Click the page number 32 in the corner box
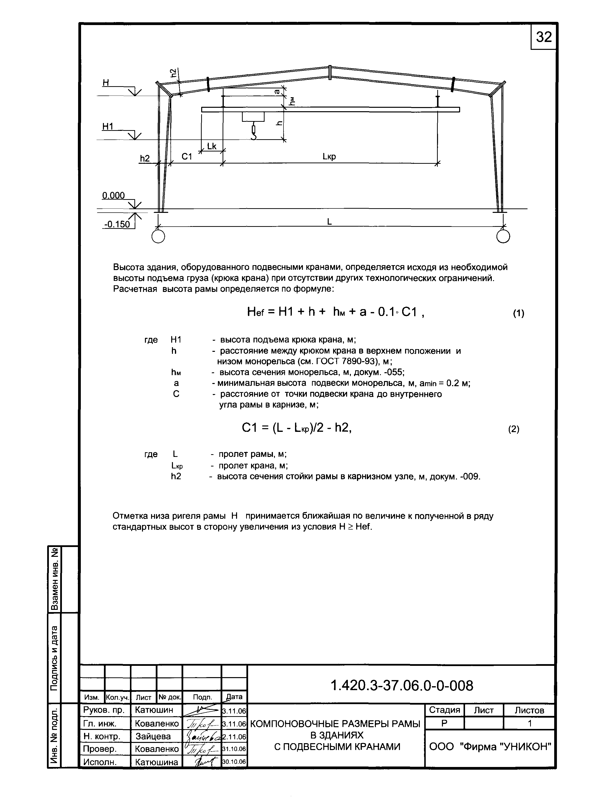543,37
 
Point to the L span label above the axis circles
329,222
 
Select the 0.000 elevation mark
113,195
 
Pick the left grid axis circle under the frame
158,236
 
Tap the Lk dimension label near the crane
212,146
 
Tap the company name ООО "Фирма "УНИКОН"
490,747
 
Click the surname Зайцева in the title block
153,736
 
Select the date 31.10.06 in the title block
234,749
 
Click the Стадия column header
444,710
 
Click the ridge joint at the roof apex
330,72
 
